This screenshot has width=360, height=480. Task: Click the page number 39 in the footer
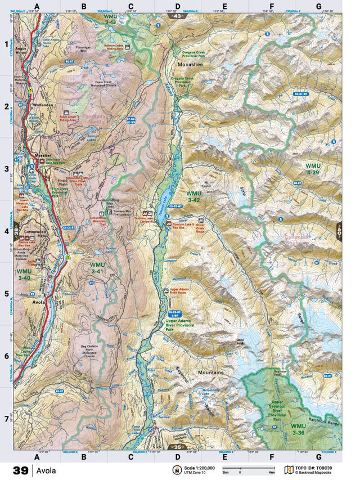21,470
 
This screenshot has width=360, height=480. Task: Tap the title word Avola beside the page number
47,470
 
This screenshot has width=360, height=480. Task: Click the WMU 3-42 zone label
194,196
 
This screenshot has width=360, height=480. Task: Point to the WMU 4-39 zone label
313,169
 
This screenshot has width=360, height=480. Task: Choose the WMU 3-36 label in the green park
298,429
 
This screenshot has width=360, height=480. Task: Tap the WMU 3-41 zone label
97,268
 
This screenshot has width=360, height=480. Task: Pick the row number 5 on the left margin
7,294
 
